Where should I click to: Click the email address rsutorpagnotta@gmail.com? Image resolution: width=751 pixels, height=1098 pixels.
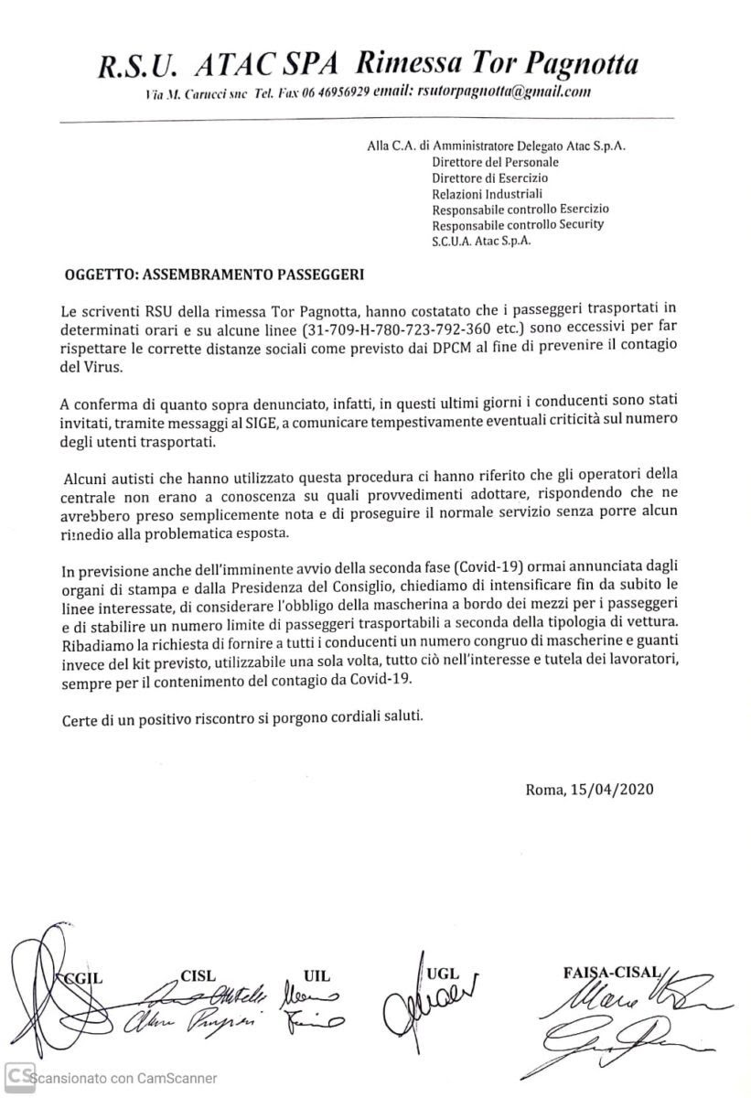click(503, 91)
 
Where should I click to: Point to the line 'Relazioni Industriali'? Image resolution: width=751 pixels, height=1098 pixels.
click(487, 193)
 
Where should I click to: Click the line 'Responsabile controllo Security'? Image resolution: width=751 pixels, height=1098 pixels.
click(517, 224)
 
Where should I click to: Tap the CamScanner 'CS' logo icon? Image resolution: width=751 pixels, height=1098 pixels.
click(17, 1076)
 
